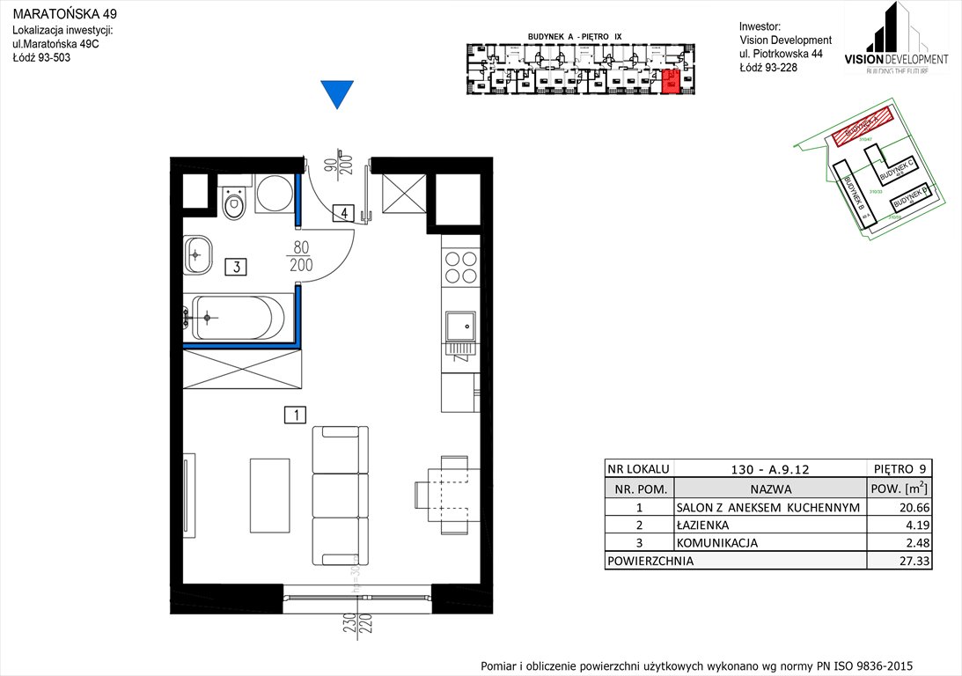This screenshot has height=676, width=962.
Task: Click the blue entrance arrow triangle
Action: pos(336,93)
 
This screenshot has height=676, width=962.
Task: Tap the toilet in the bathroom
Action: pos(234,205)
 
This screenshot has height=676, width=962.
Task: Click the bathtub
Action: pos(238,318)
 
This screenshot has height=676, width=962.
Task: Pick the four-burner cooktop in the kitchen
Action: pos(459,268)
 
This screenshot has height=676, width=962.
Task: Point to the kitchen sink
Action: pos(459,328)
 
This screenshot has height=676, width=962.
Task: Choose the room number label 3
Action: pos(234,266)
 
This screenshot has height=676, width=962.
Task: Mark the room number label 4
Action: pos(344,212)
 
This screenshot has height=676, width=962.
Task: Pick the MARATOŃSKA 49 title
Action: pos(62,15)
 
